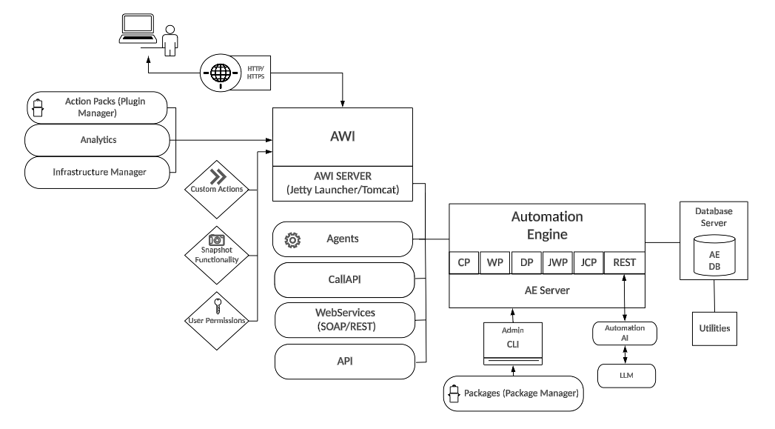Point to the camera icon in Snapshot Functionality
[217, 241]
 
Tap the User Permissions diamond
[217, 314]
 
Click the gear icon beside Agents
[293, 240]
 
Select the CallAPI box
[343, 280]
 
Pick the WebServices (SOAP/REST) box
[343, 319]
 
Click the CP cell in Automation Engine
[464, 262]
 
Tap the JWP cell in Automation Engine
[557, 262]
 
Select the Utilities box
[715, 327]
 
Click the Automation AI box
[625, 333]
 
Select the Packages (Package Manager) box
[512, 394]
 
